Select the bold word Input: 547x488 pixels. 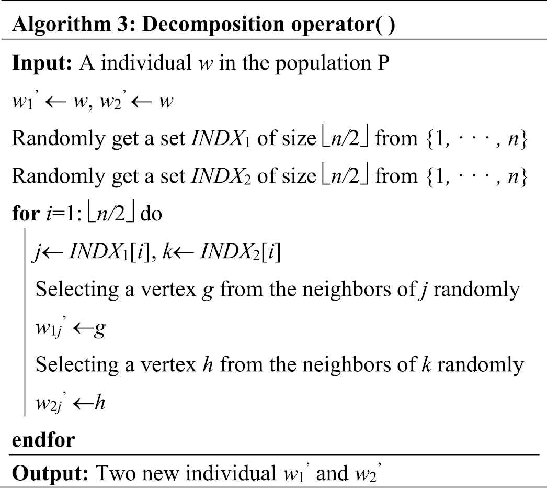[42, 63]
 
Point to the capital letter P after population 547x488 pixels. [383, 63]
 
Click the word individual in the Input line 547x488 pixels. [146, 63]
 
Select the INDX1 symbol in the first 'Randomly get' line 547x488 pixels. [221, 138]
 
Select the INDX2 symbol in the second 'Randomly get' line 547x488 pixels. [221, 176]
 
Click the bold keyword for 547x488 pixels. [26, 213]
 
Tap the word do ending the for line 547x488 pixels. [151, 213]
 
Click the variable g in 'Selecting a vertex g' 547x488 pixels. [208, 291]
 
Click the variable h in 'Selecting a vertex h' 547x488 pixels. [208, 364]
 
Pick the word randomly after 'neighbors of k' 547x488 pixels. [481, 364]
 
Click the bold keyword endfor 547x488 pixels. [43, 440]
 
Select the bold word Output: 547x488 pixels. [50, 474]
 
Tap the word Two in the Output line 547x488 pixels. [115, 473]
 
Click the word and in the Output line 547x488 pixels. [332, 473]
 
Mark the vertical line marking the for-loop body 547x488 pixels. [25, 322]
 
